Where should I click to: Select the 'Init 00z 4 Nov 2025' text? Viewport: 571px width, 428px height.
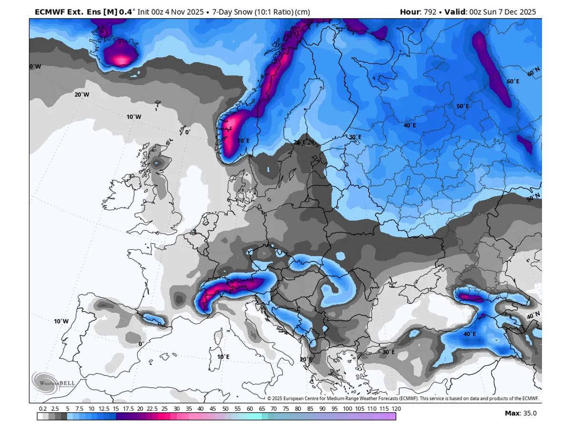tap(170, 12)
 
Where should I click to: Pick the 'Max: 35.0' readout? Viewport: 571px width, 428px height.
tap(521, 413)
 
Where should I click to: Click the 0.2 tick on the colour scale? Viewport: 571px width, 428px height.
tap(43, 409)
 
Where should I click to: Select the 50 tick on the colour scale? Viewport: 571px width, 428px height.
tap(225, 409)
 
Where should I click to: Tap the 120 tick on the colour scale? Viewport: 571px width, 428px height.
tap(396, 409)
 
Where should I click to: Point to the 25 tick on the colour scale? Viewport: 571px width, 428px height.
tap(164, 409)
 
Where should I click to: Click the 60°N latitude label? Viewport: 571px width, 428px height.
tap(533, 72)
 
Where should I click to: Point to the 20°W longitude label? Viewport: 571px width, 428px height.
tap(82, 95)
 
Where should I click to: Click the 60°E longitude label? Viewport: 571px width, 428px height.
tap(513, 81)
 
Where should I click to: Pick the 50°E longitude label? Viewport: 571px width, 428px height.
tap(463, 106)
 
